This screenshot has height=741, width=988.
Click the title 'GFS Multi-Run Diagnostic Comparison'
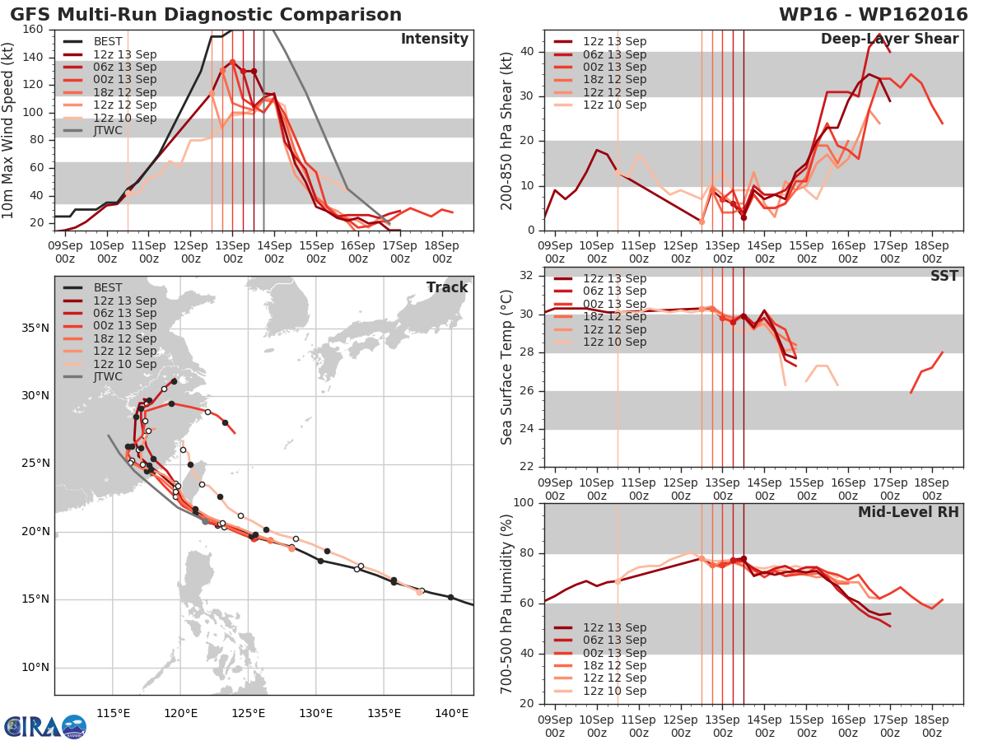pyautogui.click(x=206, y=15)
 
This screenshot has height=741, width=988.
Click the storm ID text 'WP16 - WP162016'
pyautogui.click(x=874, y=15)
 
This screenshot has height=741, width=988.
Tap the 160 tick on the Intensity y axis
pyautogui.click(x=33, y=30)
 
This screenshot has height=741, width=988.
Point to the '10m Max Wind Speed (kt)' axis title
pyautogui.click(x=7, y=130)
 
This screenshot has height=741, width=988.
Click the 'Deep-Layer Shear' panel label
pyautogui.click(x=890, y=39)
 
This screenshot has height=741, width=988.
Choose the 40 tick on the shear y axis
pyautogui.click(x=527, y=51)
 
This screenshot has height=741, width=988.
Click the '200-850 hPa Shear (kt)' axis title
pyautogui.click(x=506, y=131)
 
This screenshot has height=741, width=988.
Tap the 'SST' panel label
pyautogui.click(x=944, y=275)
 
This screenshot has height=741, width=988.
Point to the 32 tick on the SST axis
pyautogui.click(x=527, y=275)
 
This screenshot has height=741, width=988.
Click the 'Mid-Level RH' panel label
pyautogui.click(x=908, y=512)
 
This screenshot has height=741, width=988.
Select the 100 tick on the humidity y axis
pyautogui.click(x=524, y=502)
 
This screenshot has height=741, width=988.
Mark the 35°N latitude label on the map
pyautogui.click(x=35, y=328)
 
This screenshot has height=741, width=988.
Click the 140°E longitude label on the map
pyautogui.click(x=452, y=714)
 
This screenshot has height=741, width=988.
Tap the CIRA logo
pyautogui.click(x=45, y=727)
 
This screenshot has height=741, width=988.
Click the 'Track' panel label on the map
pyautogui.click(x=447, y=287)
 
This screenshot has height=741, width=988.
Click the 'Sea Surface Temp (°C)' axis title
pyautogui.click(x=506, y=367)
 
